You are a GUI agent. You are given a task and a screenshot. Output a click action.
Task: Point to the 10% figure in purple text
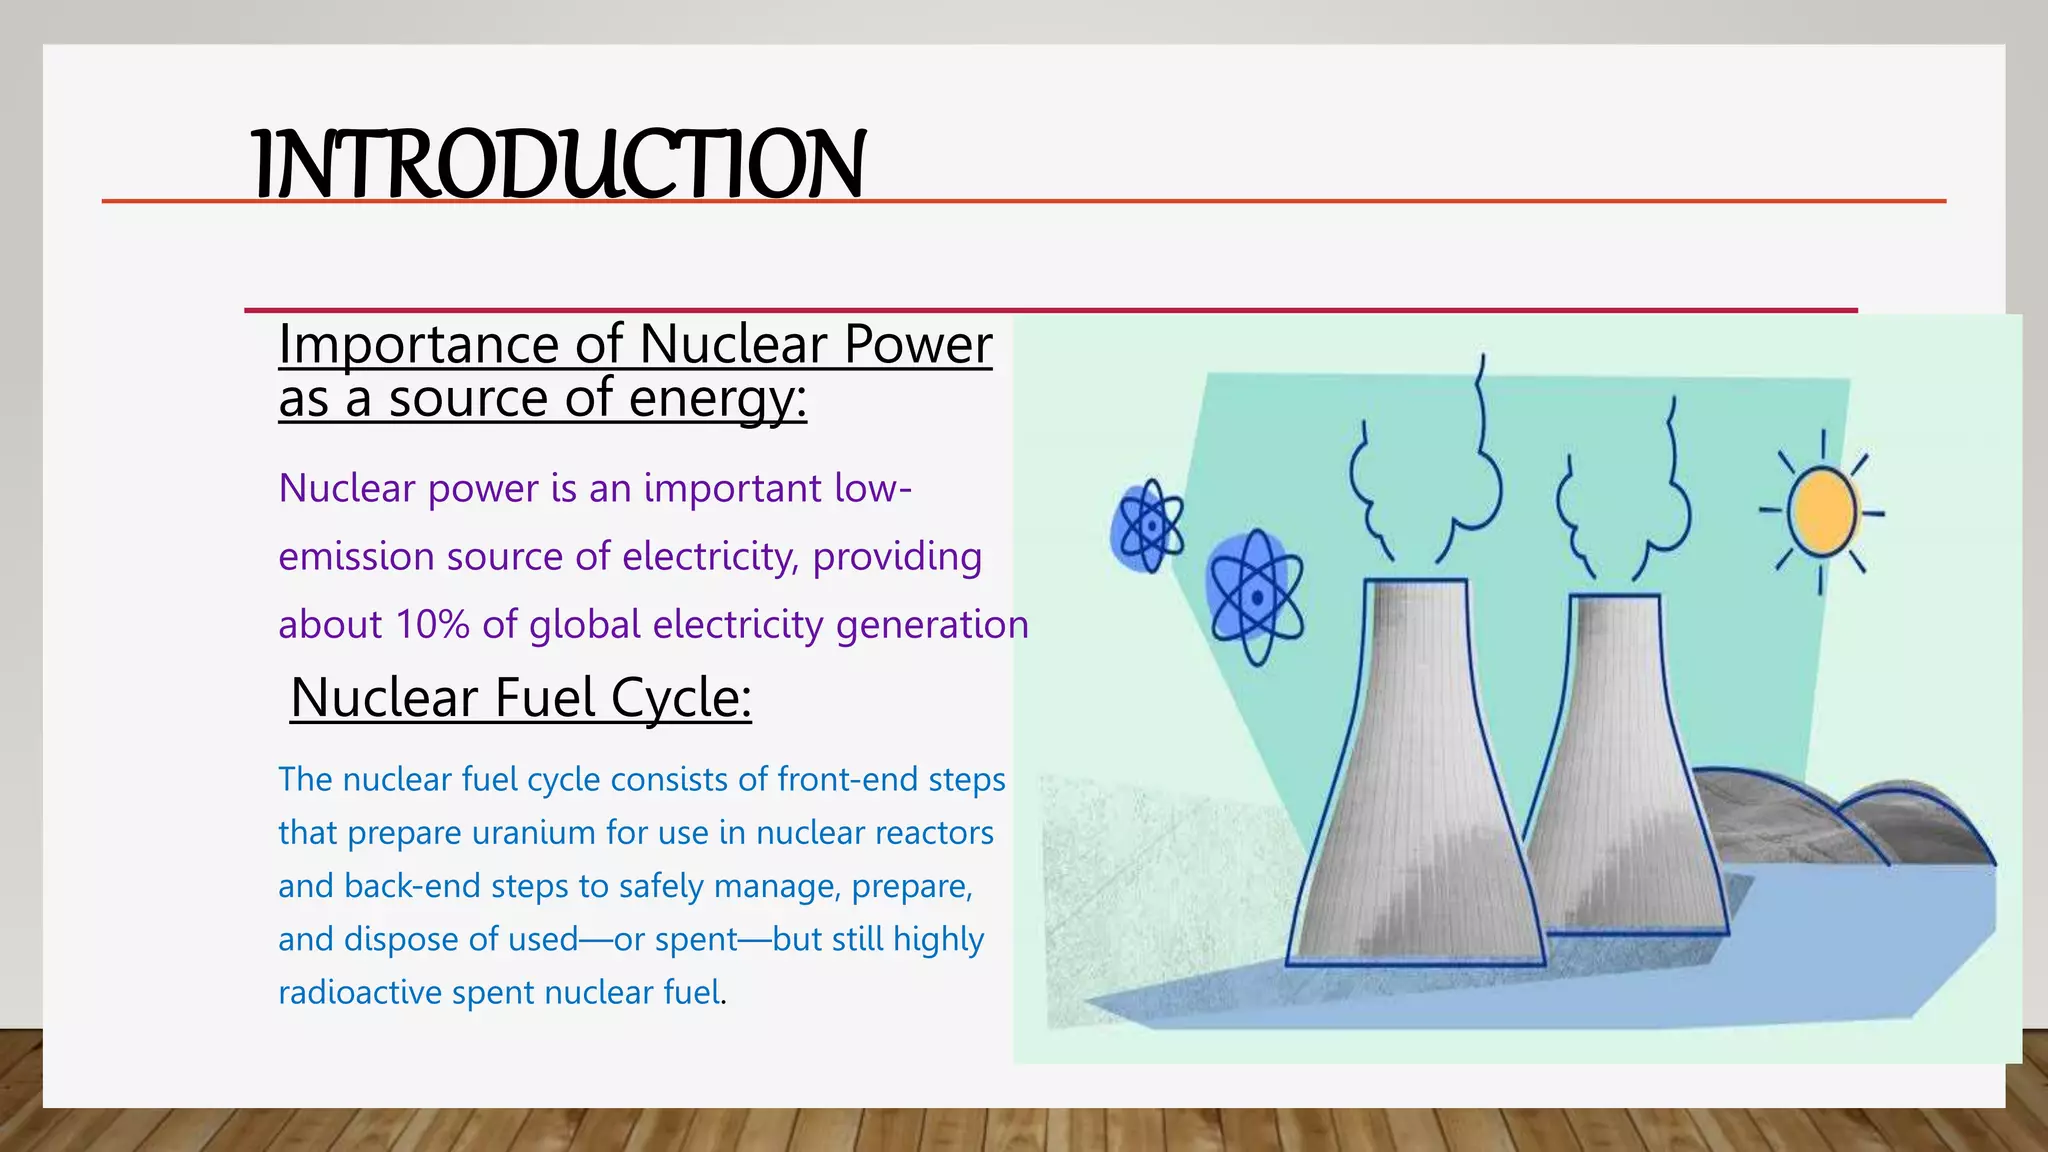coord(432,625)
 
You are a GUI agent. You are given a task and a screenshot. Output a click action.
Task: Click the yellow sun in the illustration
coord(1821,512)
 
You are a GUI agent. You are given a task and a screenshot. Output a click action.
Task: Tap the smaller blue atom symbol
coord(1148,527)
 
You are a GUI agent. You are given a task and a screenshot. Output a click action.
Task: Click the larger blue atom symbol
coord(1256,597)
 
